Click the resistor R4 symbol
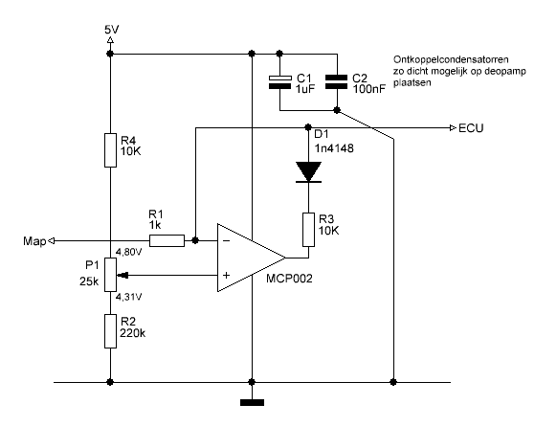pos(110,150)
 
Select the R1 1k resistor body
pos(167,240)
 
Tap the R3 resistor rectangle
pos(309,230)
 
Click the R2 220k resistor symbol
pos(110,331)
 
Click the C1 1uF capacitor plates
pos(279,82)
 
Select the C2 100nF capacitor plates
pos(337,82)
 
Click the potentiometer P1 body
pos(110,275)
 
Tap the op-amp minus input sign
pos(226,241)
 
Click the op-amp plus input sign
pos(226,275)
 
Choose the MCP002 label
pos(289,279)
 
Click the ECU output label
pos(471,128)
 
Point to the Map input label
pos(34,241)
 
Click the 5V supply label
pos(112,30)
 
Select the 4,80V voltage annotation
pos(128,252)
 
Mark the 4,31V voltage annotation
pos(128,297)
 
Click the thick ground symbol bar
pos(253,402)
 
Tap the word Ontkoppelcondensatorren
pos(451,59)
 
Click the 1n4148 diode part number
pos(334,147)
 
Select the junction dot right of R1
pos(195,240)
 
